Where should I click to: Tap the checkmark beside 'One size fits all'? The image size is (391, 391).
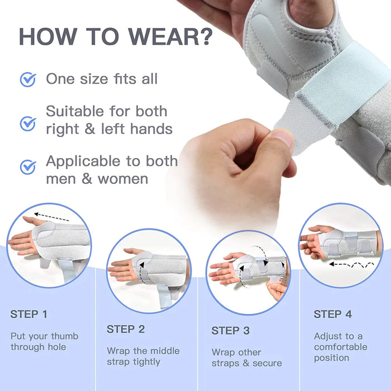pos(28,79)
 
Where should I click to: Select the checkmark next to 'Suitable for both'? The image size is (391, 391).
pos(28,123)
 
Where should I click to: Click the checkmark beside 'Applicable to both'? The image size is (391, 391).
pos(28,167)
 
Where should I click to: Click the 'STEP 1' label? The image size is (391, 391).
pos(28,314)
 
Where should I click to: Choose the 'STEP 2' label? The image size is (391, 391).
pos(126,329)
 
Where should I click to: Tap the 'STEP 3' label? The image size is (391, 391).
pos(230,331)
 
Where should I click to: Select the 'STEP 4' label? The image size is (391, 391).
pos(333,314)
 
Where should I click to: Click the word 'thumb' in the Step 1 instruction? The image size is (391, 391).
pos(65,336)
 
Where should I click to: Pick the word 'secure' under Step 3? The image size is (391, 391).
pos(267,364)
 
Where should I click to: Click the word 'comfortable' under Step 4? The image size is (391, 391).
pos(341,347)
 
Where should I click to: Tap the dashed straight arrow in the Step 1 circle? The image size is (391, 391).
pos(51,217)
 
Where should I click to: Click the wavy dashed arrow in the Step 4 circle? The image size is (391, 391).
pos(351,265)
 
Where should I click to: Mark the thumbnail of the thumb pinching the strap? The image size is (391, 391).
pos(284,138)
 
